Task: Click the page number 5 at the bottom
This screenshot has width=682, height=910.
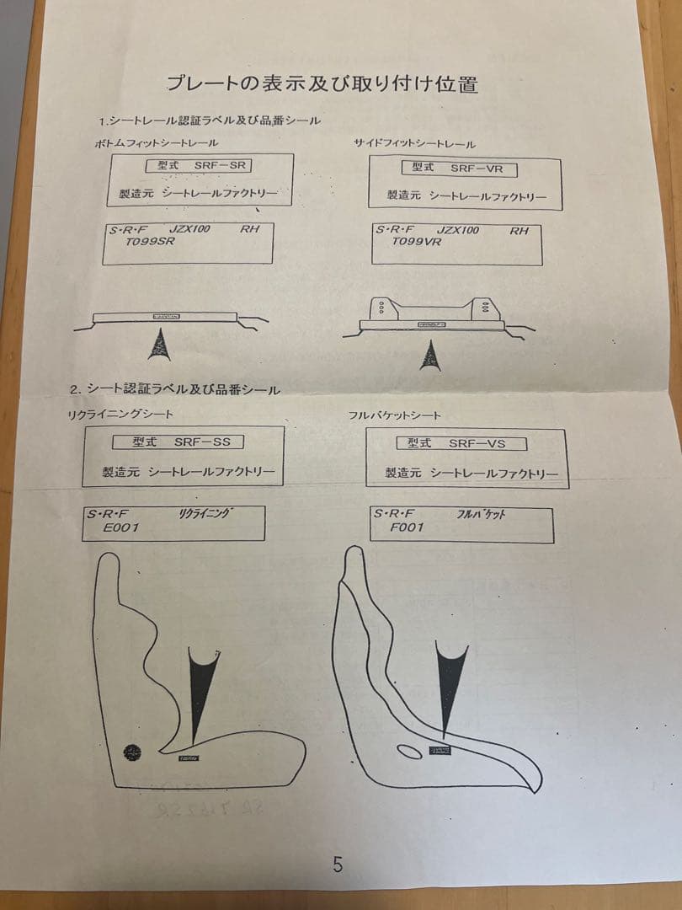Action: (x=338, y=864)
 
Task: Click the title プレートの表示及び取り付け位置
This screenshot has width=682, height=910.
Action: (x=322, y=83)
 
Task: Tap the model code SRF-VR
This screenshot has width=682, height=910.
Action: (x=476, y=169)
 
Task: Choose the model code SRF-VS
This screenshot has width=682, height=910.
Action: (x=476, y=443)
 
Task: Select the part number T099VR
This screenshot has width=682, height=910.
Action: (x=418, y=241)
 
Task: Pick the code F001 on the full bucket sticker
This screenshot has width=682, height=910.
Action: (x=408, y=527)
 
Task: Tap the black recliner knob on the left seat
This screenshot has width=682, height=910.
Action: (x=133, y=750)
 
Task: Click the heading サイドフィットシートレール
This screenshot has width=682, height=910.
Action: (x=415, y=145)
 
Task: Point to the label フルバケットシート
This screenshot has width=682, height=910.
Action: (x=395, y=416)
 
